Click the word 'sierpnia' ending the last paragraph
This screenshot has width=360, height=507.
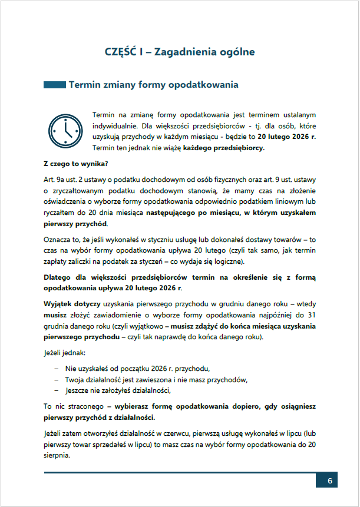[57, 456]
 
